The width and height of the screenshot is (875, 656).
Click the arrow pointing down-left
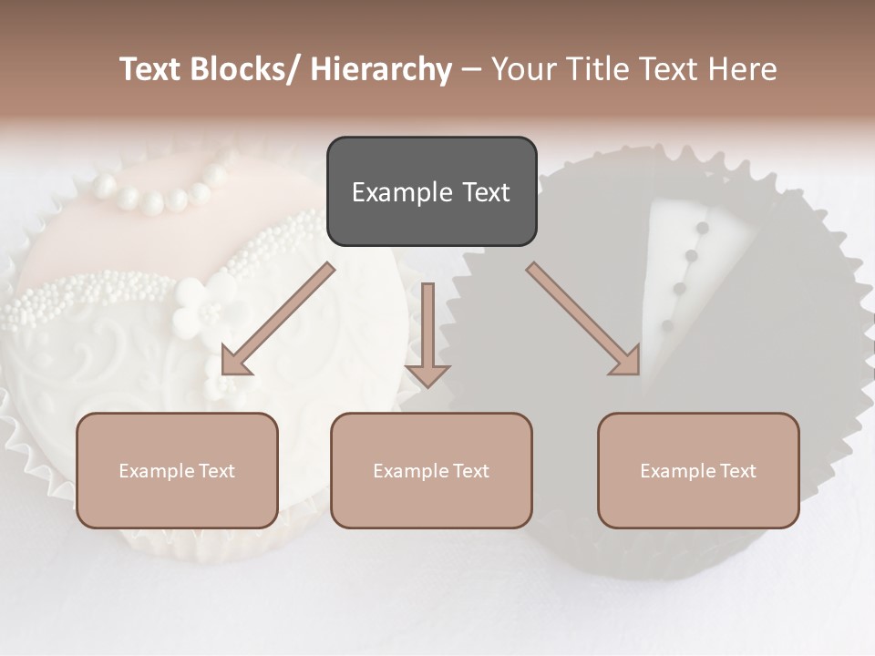[x=273, y=323]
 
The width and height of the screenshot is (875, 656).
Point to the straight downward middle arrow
[x=427, y=337]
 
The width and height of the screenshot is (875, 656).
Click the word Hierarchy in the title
[x=381, y=70]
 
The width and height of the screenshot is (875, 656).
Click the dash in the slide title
[x=472, y=70]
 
